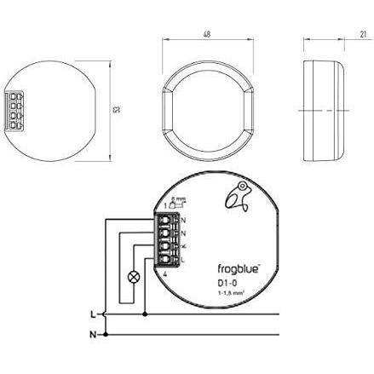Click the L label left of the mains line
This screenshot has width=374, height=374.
tap(92, 314)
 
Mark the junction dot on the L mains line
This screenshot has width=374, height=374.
tap(146, 314)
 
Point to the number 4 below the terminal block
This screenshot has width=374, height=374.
tap(164, 273)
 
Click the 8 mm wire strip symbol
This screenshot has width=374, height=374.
tap(173, 202)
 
